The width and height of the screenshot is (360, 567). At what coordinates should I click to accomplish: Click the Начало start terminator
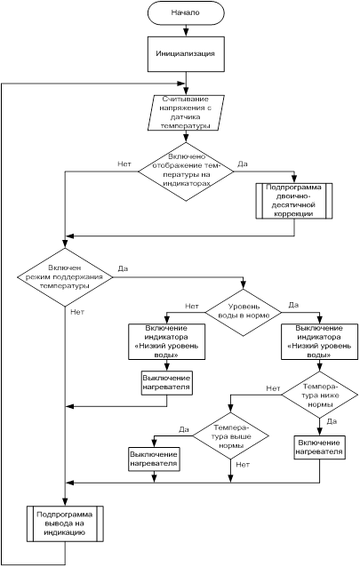click(186, 12)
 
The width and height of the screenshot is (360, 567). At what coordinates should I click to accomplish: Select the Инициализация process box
click(186, 53)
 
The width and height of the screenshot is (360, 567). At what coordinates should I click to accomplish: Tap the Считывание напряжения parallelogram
click(186, 113)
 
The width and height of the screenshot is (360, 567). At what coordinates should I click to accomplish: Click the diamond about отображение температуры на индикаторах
click(186, 171)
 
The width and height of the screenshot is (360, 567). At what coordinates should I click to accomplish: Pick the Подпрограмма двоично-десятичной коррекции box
click(294, 201)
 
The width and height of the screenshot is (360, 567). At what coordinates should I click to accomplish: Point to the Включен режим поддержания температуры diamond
click(65, 277)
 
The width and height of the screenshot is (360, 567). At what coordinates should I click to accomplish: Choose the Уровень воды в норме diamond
click(244, 312)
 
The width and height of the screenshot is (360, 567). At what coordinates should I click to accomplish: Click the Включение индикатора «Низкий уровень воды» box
click(166, 341)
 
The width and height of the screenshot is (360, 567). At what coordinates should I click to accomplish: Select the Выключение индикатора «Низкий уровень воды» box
click(319, 341)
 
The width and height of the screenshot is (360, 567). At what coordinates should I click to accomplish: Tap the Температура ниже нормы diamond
click(320, 395)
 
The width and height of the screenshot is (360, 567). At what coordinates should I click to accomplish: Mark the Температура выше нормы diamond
click(230, 435)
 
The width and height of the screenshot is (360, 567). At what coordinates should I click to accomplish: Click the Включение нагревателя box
click(319, 448)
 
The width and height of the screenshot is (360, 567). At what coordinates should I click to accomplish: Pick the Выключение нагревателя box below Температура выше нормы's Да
click(154, 459)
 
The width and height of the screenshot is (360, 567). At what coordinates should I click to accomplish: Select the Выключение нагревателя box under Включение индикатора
click(166, 383)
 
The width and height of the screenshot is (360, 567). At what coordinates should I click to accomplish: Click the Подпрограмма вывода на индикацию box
click(65, 524)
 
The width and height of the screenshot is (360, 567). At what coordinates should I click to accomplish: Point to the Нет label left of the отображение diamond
click(124, 164)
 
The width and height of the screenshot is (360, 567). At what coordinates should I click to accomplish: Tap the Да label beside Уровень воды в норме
click(294, 305)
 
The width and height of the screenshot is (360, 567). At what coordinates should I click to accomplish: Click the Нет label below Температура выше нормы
click(243, 465)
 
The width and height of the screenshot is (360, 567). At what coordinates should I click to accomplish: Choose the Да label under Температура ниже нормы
click(332, 421)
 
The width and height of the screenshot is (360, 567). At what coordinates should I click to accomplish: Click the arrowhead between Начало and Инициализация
click(186, 33)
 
